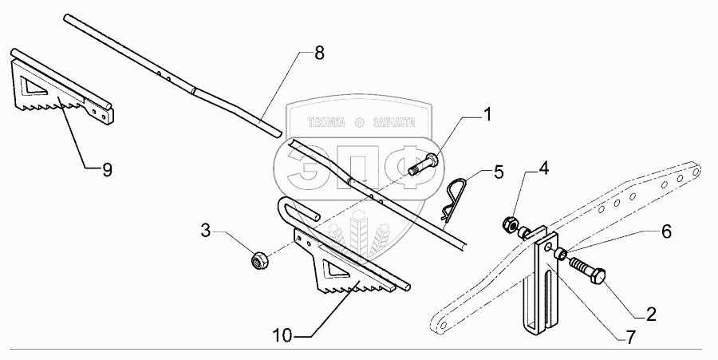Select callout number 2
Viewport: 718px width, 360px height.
[x=651, y=314]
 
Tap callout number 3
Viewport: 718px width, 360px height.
[x=205, y=231]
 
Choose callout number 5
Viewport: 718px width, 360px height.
[x=498, y=171]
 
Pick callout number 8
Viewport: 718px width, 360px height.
[x=319, y=55]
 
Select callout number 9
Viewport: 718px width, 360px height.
[x=106, y=169]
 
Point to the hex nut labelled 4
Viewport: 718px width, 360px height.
[x=507, y=224]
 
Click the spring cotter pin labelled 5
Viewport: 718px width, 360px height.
[x=453, y=198]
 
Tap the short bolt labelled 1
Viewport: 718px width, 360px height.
[x=422, y=165]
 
